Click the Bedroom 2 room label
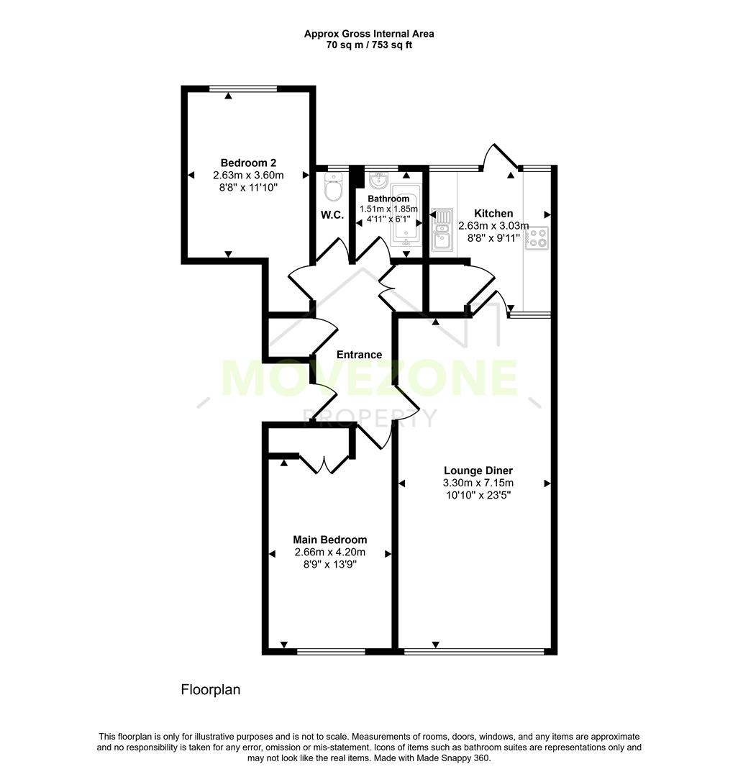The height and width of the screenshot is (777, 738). coord(248,163)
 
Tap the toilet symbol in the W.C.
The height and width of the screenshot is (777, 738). coord(334,188)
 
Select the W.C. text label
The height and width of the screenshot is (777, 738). coord(332,215)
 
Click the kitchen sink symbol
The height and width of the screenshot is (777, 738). coord(441,230)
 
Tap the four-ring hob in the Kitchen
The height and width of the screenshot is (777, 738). coord(537,237)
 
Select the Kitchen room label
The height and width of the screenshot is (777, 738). coord(493,214)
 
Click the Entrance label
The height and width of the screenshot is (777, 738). coord(360,355)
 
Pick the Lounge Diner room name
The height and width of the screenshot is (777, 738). coord(478,471)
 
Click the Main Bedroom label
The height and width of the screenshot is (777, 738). coord(329,540)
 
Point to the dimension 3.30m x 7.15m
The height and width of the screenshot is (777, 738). coord(478,483)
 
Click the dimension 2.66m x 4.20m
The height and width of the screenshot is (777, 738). coord(329,553)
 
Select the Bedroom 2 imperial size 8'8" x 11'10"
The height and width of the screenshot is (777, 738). coord(248,187)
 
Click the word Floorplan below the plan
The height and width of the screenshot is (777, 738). coord(210,690)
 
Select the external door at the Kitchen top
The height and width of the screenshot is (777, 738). coord(501,158)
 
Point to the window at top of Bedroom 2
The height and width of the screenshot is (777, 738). coord(242,88)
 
